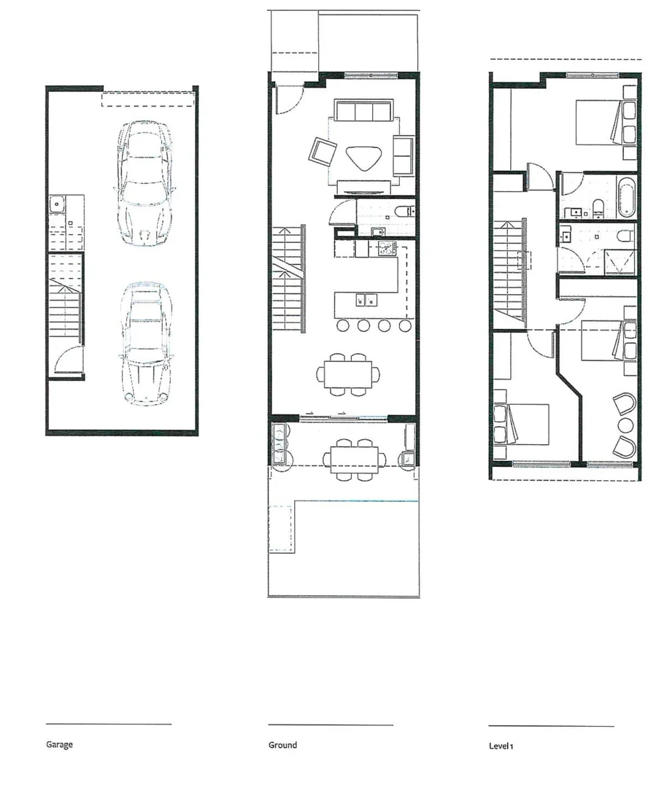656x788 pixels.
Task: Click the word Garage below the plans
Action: point(60,745)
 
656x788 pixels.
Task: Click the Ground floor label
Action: point(282,745)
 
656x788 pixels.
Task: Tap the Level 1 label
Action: point(501,746)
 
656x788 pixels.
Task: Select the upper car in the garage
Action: point(145,182)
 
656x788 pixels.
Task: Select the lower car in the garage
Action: point(146,342)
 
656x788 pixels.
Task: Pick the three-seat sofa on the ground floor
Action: point(363,112)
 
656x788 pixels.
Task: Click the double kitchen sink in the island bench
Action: point(365,299)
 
